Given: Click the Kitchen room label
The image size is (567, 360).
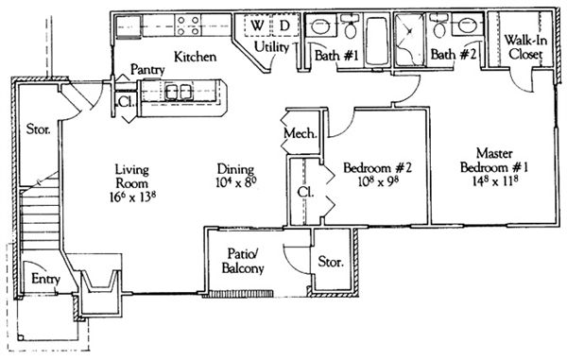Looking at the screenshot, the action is pyautogui.click(x=196, y=57).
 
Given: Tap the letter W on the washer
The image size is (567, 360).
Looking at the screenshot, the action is pyautogui.click(x=257, y=26).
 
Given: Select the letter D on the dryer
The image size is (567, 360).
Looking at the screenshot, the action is pyautogui.click(x=285, y=26).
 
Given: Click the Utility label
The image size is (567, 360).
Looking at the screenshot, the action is pyautogui.click(x=271, y=47).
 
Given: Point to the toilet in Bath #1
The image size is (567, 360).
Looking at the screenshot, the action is pyautogui.click(x=350, y=26).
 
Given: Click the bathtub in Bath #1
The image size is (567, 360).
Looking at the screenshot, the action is pyautogui.click(x=377, y=41).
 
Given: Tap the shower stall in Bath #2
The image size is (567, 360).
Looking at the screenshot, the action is pyautogui.click(x=410, y=40).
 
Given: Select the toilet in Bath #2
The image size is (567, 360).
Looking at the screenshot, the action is pyautogui.click(x=439, y=26).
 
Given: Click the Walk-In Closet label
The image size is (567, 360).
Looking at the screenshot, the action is pyautogui.click(x=525, y=47).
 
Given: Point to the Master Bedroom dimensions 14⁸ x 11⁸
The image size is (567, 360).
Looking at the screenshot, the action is pyautogui.click(x=494, y=180).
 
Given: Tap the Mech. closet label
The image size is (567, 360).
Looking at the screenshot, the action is pyautogui.click(x=301, y=134).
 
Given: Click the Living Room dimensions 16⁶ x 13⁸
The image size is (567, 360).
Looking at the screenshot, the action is pyautogui.click(x=132, y=197).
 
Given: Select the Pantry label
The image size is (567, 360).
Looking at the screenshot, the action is pyautogui.click(x=147, y=69).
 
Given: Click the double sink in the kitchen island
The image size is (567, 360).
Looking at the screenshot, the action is pyautogui.click(x=178, y=92).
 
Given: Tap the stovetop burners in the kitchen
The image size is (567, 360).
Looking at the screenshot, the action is pyautogui.click(x=188, y=26).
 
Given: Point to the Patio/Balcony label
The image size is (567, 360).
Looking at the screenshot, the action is pyautogui.click(x=243, y=261).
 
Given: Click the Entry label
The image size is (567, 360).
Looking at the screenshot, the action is pyautogui.click(x=45, y=280).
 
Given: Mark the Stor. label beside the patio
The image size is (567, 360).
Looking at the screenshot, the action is pyautogui.click(x=331, y=262).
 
